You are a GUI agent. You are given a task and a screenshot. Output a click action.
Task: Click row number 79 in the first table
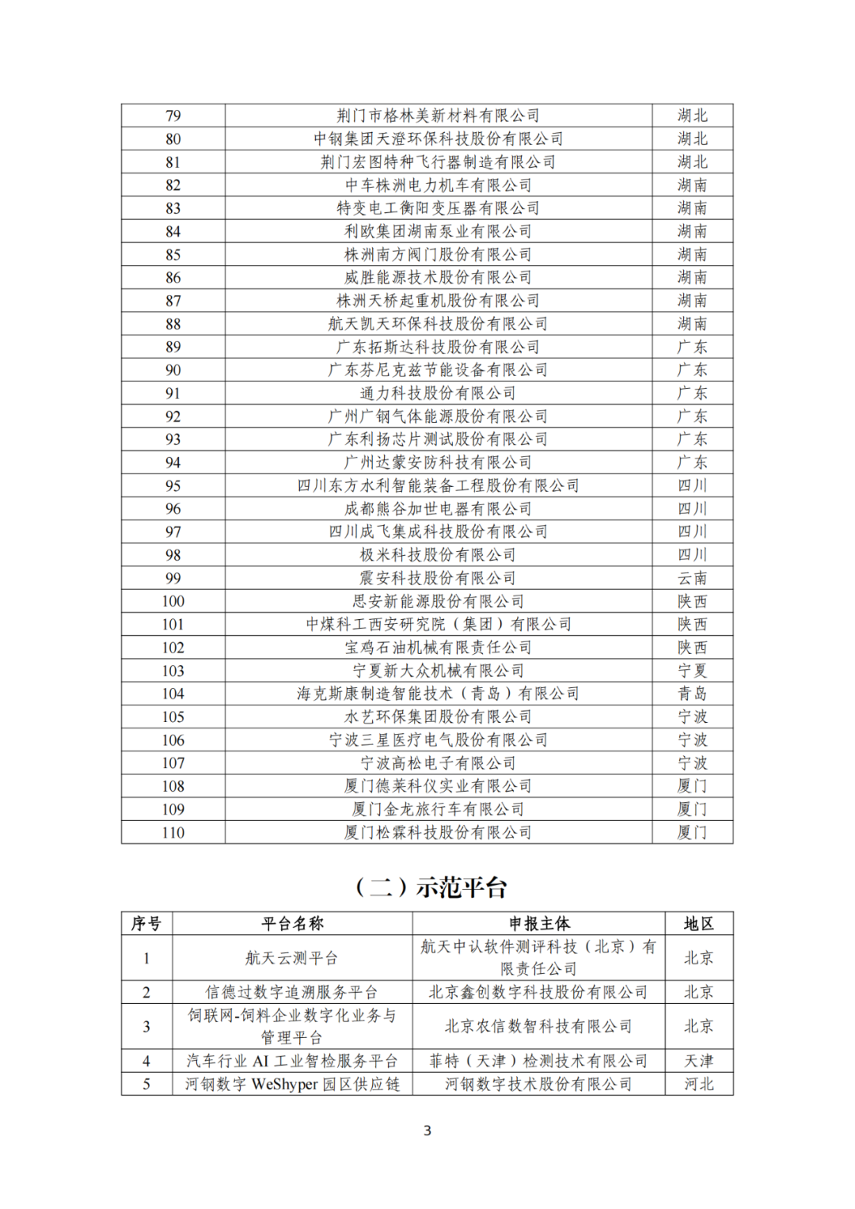pyautogui.click(x=173, y=116)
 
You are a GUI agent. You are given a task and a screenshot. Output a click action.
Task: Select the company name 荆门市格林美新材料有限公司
pyautogui.click(x=438, y=116)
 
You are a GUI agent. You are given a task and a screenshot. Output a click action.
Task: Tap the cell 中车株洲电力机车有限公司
pyautogui.click(x=438, y=185)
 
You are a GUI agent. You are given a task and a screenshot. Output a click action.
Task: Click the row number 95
pyautogui.click(x=173, y=485)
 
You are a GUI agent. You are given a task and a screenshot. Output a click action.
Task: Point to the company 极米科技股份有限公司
pyautogui.click(x=438, y=555)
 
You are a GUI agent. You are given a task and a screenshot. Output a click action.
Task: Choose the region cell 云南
pyautogui.click(x=692, y=578)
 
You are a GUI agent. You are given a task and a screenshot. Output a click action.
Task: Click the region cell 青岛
pyautogui.click(x=692, y=694)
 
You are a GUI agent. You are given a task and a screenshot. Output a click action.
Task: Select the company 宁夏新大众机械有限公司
pyautogui.click(x=438, y=671)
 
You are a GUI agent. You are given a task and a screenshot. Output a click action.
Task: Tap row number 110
pyautogui.click(x=173, y=832)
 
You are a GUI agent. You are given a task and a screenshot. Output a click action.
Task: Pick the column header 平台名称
pyautogui.click(x=292, y=923)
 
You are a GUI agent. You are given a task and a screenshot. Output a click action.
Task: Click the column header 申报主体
pyautogui.click(x=538, y=923)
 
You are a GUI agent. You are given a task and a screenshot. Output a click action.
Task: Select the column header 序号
pyautogui.click(x=146, y=923)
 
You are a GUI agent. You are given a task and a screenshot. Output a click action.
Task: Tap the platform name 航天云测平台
pyautogui.click(x=292, y=958)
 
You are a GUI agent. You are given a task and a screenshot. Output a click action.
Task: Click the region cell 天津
pyautogui.click(x=698, y=1061)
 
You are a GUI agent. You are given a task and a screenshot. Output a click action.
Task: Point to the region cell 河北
pyautogui.click(x=698, y=1084)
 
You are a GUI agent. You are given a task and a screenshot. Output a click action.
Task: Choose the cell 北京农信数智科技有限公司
pyautogui.click(x=538, y=1026)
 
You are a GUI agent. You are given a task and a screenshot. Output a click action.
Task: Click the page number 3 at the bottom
pyautogui.click(x=427, y=1131)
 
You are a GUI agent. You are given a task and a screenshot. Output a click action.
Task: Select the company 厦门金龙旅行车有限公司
pyautogui.click(x=438, y=809)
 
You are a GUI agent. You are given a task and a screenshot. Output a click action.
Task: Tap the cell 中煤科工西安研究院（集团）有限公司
pyautogui.click(x=438, y=624)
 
